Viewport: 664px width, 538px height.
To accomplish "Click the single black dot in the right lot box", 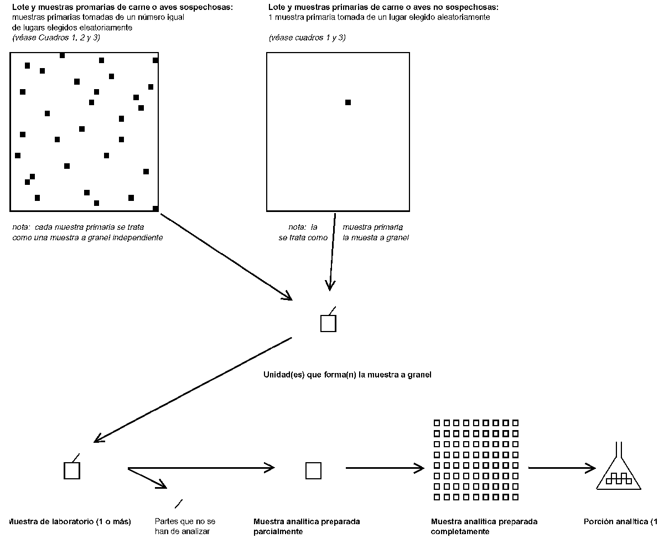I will tap(347, 102).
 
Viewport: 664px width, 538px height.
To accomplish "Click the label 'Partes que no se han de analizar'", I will tap(185, 526).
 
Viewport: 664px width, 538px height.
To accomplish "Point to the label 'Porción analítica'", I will tap(620, 521).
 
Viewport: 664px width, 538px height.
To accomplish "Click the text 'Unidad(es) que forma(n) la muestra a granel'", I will tap(347, 375).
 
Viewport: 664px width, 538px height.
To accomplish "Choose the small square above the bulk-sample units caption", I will tap(328, 323).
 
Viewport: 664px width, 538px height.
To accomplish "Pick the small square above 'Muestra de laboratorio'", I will tap(72, 470).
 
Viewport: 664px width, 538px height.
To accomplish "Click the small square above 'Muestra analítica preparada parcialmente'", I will tap(313, 470).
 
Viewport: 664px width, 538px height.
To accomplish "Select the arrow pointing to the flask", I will tap(561, 468).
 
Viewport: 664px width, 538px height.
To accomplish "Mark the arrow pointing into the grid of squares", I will tap(384, 468).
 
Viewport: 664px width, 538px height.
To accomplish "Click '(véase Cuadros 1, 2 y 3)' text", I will tap(56, 37).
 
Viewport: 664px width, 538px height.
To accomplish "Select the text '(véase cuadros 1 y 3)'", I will tap(307, 38).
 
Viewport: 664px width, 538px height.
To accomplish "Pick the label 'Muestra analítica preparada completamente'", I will tap(484, 526).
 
